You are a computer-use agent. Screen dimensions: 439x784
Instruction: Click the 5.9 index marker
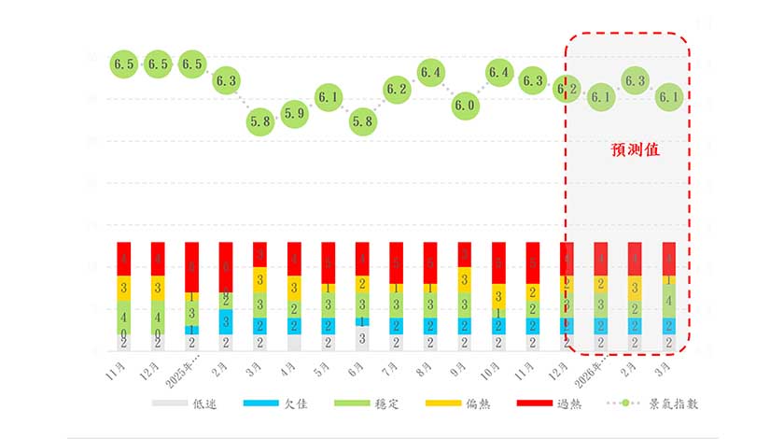pyautogui.click(x=294, y=114)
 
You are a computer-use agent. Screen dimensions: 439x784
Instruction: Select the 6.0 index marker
pyautogui.click(x=465, y=106)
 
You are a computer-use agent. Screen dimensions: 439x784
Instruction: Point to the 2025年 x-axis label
pyautogui.click(x=181, y=368)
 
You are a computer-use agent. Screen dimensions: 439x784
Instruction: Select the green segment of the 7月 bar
pyautogui.click(x=397, y=304)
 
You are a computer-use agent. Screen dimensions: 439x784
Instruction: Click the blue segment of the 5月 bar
pyautogui.click(x=329, y=325)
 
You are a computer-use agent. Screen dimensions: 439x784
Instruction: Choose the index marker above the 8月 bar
pyautogui.click(x=430, y=72)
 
